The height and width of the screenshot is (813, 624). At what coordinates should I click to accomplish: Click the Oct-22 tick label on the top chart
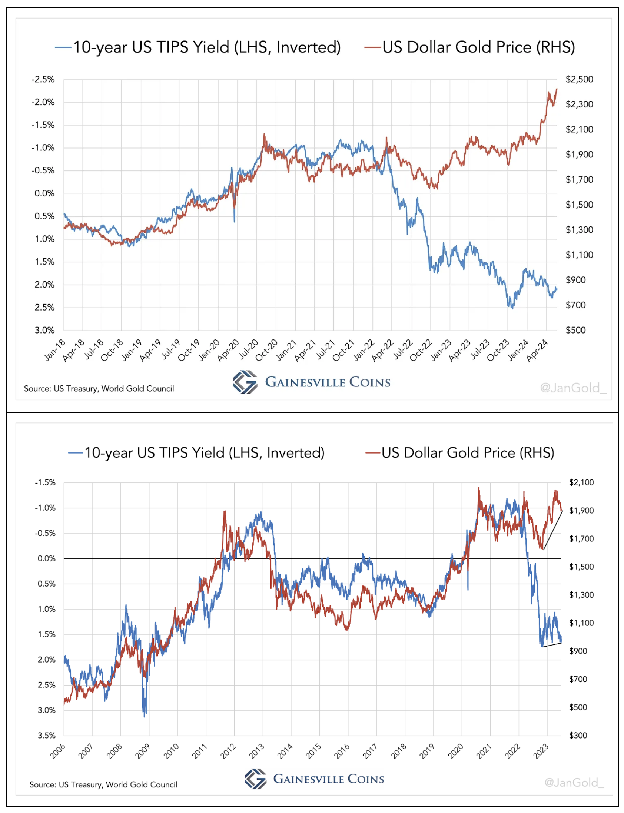coord(421,350)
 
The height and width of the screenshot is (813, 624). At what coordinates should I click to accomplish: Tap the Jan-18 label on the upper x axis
coord(55,350)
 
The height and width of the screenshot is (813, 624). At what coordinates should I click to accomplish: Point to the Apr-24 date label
coord(537,350)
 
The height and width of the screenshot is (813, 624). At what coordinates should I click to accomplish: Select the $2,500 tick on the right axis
coord(579,79)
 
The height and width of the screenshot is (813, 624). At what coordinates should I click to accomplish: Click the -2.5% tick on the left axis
coord(43,79)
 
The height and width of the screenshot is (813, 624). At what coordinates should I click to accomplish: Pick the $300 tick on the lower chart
coord(578,736)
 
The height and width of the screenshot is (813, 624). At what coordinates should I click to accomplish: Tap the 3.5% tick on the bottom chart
coord(46,736)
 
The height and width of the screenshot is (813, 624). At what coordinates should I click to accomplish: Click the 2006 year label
coord(57,751)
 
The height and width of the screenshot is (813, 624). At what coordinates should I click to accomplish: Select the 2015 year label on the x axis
coord(313,751)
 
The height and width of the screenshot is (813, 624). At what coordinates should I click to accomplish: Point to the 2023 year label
coord(541,751)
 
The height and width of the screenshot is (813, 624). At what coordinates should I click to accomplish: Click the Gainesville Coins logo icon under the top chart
coord(245,382)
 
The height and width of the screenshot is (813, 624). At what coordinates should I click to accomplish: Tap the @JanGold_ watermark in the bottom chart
coord(574,782)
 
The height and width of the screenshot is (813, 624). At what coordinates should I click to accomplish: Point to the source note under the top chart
coord(99,388)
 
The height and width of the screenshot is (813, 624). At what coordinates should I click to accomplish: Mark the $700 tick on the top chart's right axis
coord(575,305)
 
